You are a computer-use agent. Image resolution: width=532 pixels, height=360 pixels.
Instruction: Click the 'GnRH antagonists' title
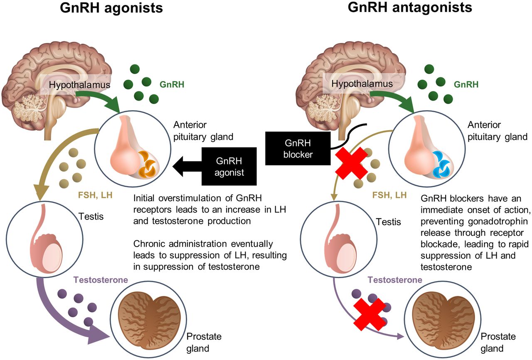tap(410, 7)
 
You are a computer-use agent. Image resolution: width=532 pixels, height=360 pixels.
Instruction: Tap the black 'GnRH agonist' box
tap(229, 166)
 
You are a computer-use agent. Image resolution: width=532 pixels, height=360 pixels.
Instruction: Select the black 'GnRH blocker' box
tap(298, 148)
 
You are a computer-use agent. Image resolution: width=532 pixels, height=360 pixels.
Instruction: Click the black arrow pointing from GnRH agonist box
tap(187, 166)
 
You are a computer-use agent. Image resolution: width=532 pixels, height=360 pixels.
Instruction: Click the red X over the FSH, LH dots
tap(351, 163)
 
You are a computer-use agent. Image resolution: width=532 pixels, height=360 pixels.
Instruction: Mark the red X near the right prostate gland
tap(369, 314)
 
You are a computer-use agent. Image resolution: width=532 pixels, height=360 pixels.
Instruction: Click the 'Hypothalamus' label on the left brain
tap(79, 85)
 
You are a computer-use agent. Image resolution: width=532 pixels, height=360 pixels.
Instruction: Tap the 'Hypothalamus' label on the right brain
tap(362, 84)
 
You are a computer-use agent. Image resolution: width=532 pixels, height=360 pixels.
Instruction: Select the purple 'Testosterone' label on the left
tap(101, 280)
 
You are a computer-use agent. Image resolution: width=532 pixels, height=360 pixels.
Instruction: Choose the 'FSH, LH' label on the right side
tap(389, 195)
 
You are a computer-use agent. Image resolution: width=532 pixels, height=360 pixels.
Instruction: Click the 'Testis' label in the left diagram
tap(91, 216)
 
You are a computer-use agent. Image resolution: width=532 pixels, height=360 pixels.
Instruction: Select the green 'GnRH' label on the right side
tap(466, 84)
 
